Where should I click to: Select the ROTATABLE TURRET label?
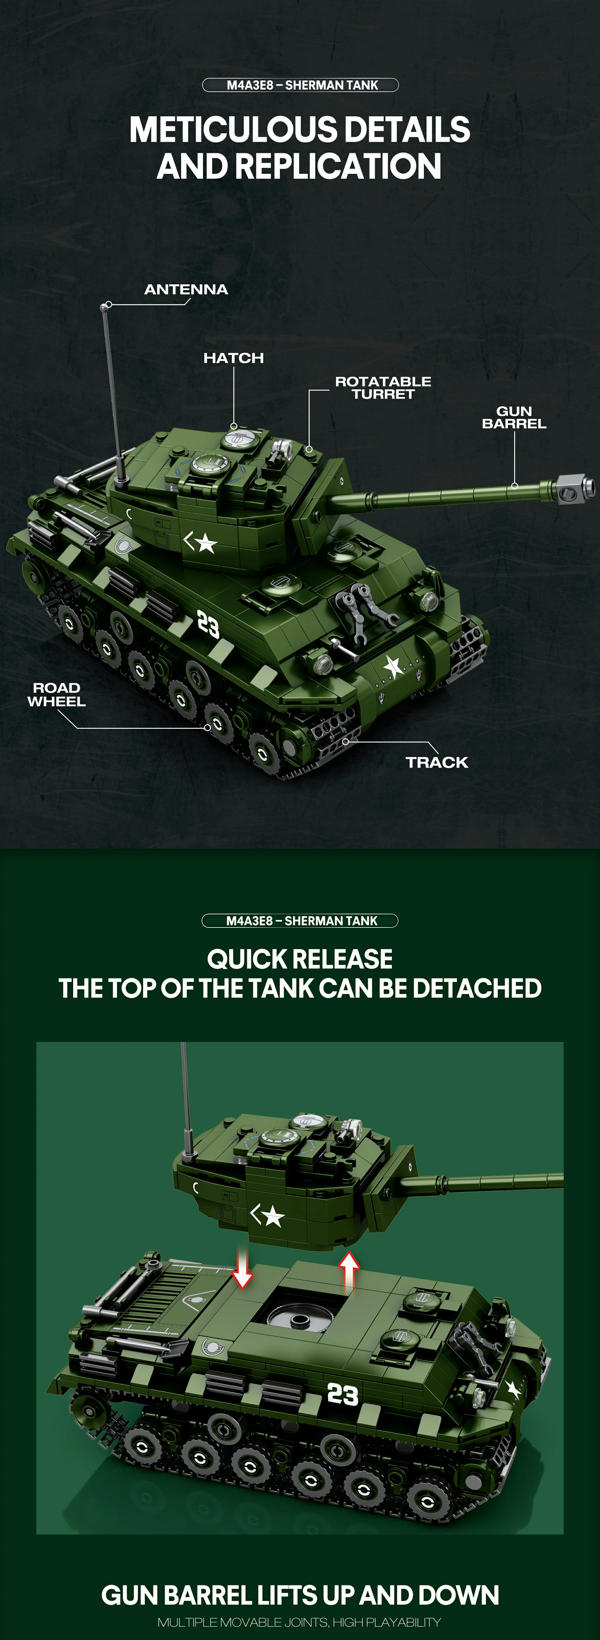[x=383, y=388]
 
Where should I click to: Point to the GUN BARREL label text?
[x=514, y=418]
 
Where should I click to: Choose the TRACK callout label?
[x=437, y=762]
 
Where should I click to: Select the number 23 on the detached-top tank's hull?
[x=343, y=1394]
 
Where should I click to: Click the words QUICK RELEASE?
[x=300, y=959]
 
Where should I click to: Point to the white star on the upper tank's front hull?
[x=393, y=667]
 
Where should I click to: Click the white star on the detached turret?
[x=273, y=1216]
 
